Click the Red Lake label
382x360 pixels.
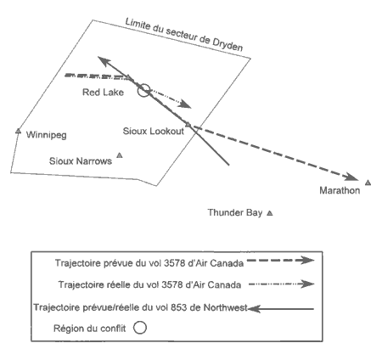[103, 93]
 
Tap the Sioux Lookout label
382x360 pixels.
[154, 131]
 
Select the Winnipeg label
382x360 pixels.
[47, 135]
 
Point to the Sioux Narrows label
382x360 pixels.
[81, 161]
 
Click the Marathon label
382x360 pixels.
[340, 190]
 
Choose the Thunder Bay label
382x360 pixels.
[235, 212]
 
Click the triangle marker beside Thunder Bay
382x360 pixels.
[270, 213]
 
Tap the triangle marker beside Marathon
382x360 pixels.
[368, 183]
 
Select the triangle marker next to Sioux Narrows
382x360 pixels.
[120, 155]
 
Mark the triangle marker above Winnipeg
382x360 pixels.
[19, 131]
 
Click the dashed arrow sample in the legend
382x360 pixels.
[280, 260]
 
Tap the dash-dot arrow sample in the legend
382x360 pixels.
[282, 284]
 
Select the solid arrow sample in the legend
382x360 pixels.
[281, 309]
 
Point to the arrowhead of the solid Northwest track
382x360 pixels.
[104, 61]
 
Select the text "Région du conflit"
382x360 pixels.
[90, 329]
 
